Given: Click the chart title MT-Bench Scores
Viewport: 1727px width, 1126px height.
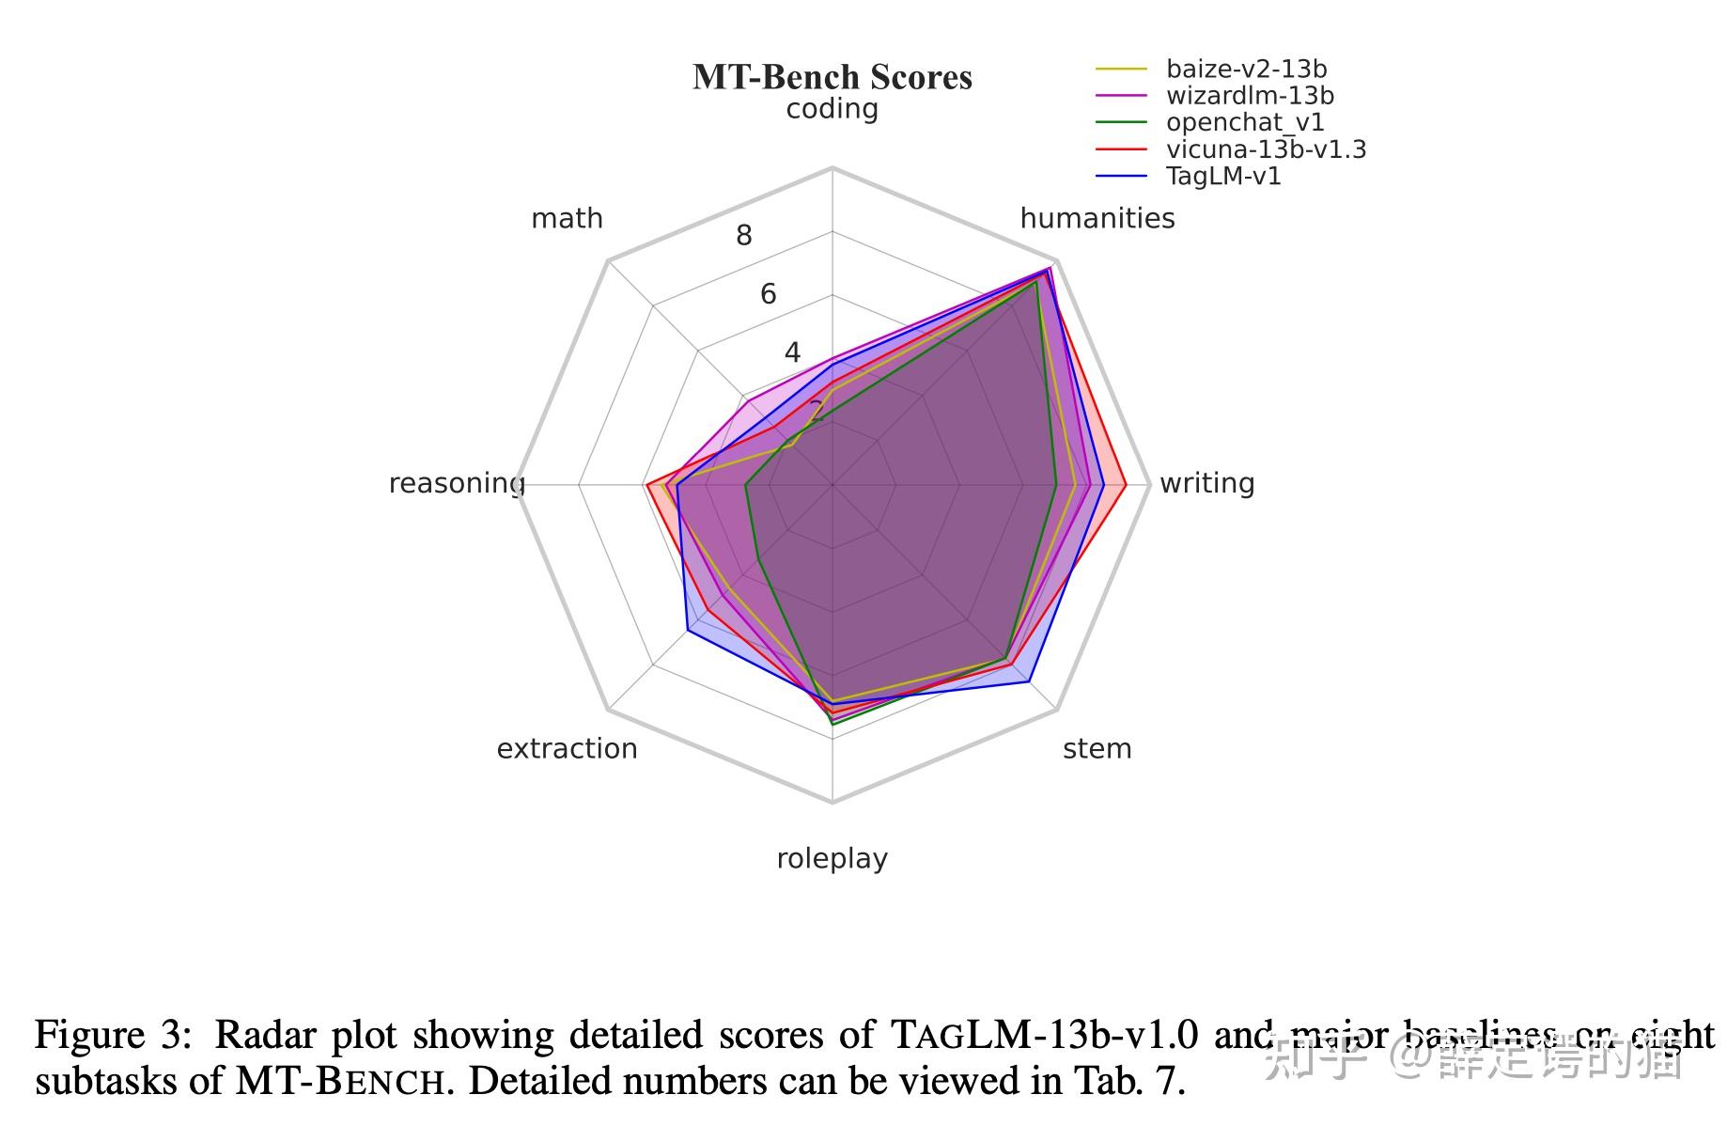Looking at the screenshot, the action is click(x=832, y=77).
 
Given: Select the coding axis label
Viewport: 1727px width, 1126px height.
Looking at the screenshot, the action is click(x=832, y=109).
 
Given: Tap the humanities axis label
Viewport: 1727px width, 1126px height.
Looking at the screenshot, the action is click(x=1097, y=218).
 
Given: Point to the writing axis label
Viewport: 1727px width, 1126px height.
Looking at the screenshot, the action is click(x=1206, y=483).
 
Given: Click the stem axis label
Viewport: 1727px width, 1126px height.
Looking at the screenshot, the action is click(x=1097, y=749).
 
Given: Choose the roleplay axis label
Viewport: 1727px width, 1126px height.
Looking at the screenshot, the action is click(x=832, y=859).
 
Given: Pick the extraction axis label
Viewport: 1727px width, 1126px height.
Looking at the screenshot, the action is click(x=567, y=749).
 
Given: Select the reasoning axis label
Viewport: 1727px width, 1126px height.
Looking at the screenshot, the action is click(x=456, y=483).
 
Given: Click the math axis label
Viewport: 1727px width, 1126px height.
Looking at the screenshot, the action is click(x=567, y=218).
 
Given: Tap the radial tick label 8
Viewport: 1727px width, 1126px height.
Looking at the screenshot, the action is click(x=744, y=236).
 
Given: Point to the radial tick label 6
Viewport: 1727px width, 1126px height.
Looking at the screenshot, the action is click(x=769, y=294).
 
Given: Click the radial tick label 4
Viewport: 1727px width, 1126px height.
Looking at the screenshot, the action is click(x=792, y=352).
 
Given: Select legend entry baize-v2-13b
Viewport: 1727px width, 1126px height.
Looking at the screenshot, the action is click(x=1245, y=69).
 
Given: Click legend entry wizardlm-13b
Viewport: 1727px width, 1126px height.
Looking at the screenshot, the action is click(x=1249, y=96).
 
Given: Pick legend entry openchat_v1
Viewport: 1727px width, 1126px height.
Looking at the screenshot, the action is click(x=1244, y=122).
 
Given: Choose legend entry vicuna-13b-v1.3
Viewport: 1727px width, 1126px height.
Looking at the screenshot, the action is click(x=1265, y=149).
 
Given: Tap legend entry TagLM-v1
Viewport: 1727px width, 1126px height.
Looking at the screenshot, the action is click(x=1222, y=176).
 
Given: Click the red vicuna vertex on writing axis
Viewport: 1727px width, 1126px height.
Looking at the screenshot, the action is click(x=1126, y=485).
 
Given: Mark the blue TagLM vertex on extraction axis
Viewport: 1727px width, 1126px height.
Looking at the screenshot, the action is click(x=688, y=630).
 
